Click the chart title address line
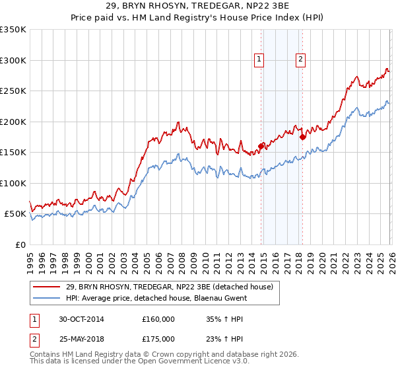[198, 6]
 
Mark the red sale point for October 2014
[261, 146]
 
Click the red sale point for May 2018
[303, 137]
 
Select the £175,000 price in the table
[158, 338]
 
